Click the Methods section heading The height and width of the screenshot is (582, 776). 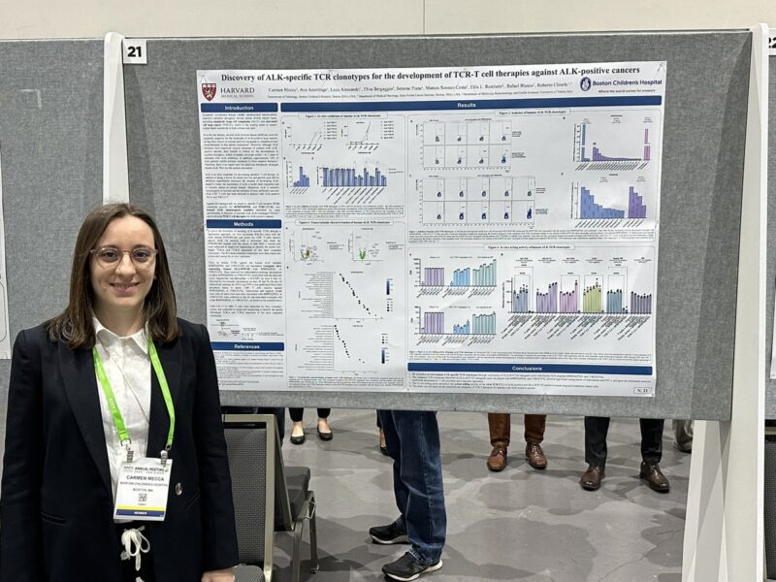[242, 223]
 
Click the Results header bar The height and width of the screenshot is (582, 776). [467, 104]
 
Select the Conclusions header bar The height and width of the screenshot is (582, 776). [530, 369]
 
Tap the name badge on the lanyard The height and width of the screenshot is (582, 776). [142, 488]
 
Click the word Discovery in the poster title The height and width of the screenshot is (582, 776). [251, 78]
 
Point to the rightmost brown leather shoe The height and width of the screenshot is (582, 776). [654, 475]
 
